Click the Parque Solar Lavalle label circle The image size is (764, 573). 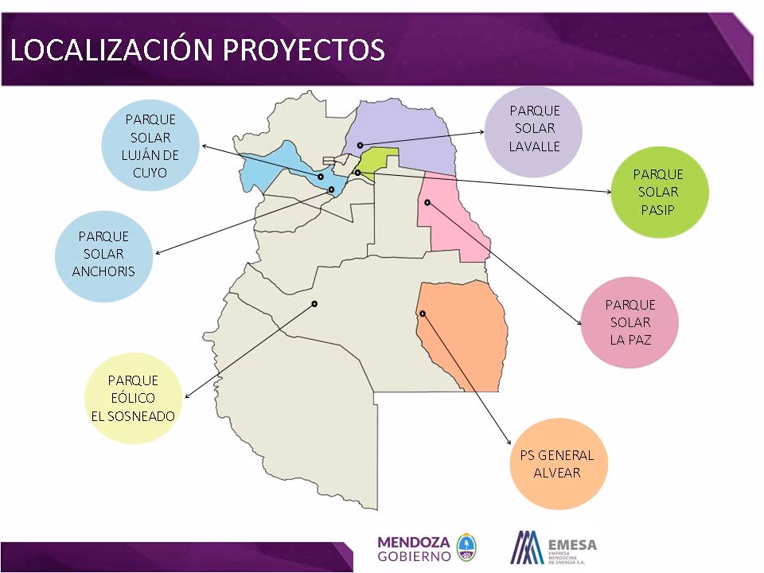pos(534,129)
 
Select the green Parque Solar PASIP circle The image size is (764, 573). pos(658,192)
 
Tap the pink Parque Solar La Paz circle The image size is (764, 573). pos(630,322)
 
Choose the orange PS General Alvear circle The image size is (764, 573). pos(557,464)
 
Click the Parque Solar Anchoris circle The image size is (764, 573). pos(103,254)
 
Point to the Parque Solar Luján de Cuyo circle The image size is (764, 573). pos(150,146)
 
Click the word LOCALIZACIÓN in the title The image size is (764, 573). pos(111,49)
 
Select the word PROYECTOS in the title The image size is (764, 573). pos(303,49)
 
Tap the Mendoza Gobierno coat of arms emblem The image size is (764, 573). pos(466,547)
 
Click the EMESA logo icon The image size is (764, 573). pos(526,547)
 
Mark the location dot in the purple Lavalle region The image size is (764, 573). pos(360,145)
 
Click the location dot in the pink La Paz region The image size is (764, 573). pos(427,202)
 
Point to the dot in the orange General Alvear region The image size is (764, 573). pos(423,314)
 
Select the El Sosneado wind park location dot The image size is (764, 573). pos(314,303)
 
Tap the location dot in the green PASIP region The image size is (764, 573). pos(357,173)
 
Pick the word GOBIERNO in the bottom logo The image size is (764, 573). pos(413,555)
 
